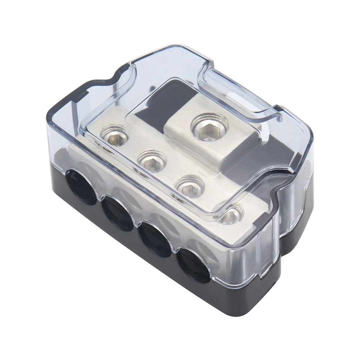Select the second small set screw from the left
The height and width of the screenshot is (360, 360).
pos(151,161)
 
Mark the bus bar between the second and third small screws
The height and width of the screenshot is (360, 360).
pos(171,174)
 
